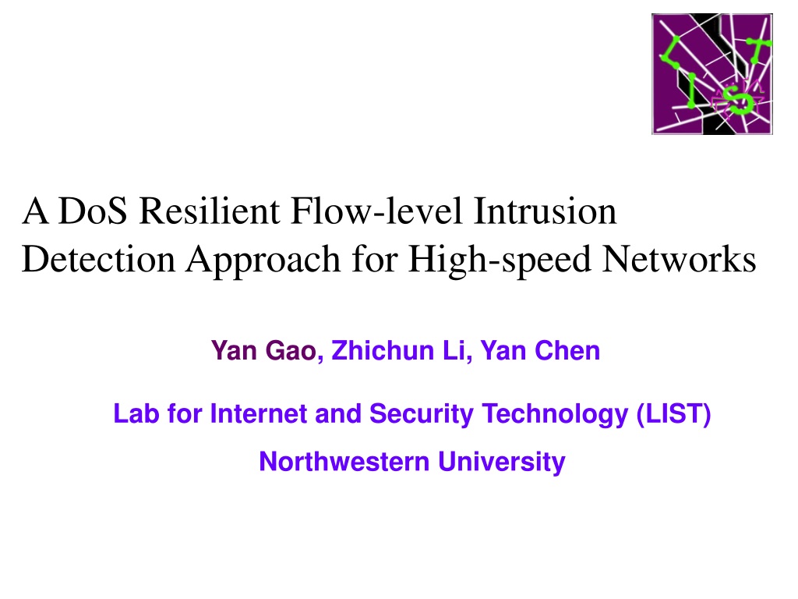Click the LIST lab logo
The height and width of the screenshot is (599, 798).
[712, 74]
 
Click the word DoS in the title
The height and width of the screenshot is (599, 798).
[93, 211]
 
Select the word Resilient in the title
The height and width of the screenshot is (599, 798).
[209, 211]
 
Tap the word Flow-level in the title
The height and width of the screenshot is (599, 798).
[376, 211]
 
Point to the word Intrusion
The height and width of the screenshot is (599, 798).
[545, 211]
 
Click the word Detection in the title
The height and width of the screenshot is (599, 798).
[98, 259]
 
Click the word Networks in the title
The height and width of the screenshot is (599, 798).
[679, 259]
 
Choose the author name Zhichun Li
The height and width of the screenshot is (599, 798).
[398, 350]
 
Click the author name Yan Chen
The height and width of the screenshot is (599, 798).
[541, 350]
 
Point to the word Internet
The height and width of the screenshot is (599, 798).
[259, 413]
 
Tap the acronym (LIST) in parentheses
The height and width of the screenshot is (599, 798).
[673, 414]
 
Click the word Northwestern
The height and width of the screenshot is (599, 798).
[344, 462]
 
